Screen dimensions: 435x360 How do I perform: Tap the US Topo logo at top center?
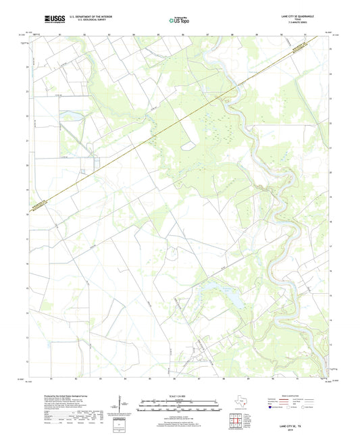(180, 20)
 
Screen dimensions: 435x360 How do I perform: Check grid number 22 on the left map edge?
(28, 116)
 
